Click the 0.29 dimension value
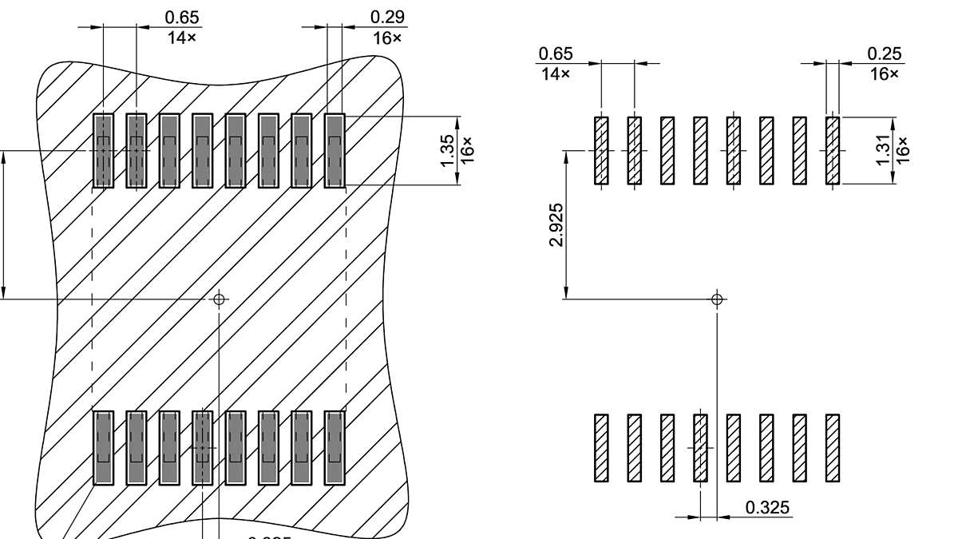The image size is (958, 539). pos(387,18)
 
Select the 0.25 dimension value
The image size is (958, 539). pos(884,54)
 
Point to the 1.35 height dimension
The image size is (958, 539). pos(448,150)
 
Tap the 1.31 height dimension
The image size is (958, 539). pos(883,150)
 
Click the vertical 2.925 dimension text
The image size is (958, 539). pos(557,225)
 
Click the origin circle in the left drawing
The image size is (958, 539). pos(219,299)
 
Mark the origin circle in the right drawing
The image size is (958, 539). pos(717,299)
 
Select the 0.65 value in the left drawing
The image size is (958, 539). pos(182,18)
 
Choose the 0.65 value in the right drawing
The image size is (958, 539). pos(556,54)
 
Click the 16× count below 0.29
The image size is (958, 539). pos(387,38)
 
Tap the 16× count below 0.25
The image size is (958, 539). pos(884,73)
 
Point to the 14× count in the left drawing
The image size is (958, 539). pos(182,38)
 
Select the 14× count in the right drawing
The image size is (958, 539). pos(556,73)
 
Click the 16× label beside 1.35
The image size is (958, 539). pos(468,150)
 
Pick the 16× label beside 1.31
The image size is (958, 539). pos(903,150)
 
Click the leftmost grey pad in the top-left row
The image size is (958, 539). pos(103,151)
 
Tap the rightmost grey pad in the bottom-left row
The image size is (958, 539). pos(335,448)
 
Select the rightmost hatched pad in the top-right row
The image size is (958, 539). pos(833,151)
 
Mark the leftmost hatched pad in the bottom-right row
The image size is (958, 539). pos(601,448)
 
